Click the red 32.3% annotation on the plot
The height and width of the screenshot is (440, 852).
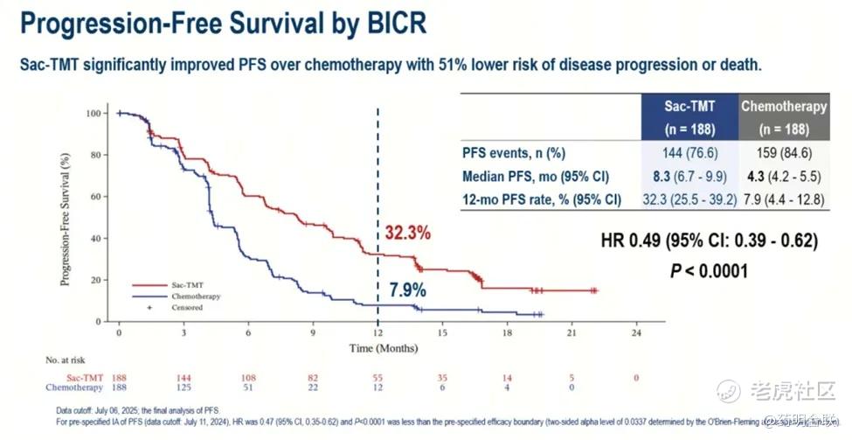click(x=407, y=234)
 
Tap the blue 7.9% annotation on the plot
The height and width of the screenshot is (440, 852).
click(x=407, y=290)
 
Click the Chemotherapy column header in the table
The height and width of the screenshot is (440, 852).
click(x=783, y=116)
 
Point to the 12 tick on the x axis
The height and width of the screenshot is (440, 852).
click(x=378, y=333)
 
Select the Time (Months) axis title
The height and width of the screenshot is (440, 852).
click(x=378, y=347)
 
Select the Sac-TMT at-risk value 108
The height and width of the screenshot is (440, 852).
click(x=249, y=377)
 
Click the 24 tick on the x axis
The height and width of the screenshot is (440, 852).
click(x=636, y=333)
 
